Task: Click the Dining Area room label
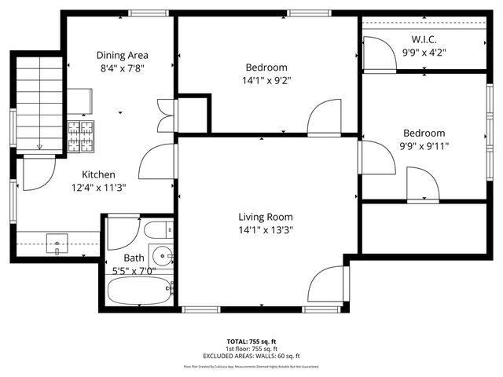[122, 55]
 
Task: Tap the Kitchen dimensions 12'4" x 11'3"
[98, 187]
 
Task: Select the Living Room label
[266, 217]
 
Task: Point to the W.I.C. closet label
[424, 39]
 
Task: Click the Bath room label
[134, 258]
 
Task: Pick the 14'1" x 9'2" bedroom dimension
[266, 80]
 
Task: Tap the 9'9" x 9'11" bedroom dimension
[424, 146]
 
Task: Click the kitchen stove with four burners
[79, 136]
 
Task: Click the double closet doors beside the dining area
[165, 115]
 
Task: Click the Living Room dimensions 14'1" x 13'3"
[266, 230]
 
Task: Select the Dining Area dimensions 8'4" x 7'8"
[122, 68]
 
